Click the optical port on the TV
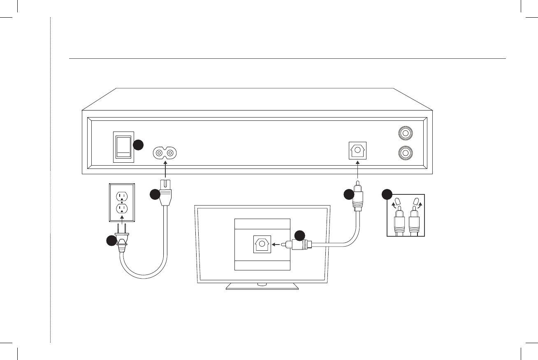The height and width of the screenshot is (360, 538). coord(262,245)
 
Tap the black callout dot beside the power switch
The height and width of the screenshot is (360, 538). coord(139,145)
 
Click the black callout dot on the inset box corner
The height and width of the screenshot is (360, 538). coord(387,194)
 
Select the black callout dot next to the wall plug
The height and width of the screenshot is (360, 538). coord(111,241)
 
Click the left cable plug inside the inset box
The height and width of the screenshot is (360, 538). coord(399,222)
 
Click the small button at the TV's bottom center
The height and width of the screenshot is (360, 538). coord(262,284)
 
